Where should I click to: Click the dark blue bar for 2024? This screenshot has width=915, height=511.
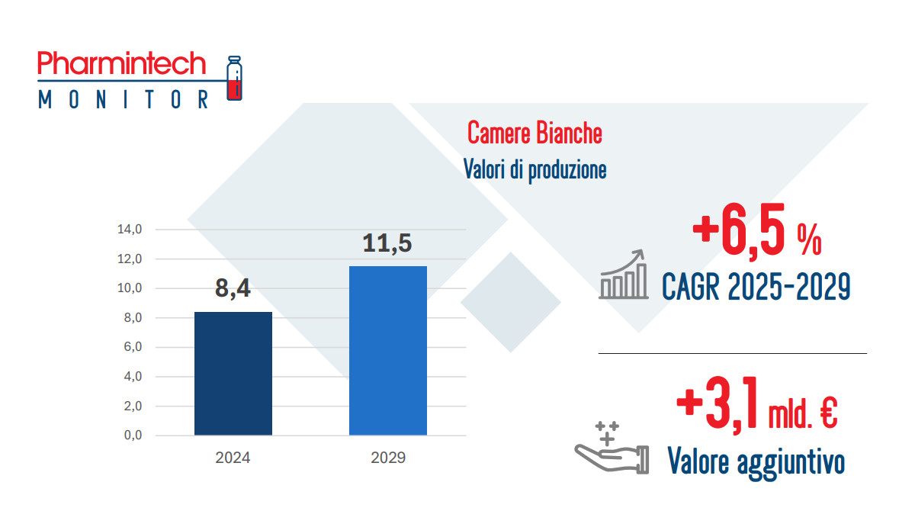point(233,374)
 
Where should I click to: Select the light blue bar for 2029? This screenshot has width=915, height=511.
point(388,351)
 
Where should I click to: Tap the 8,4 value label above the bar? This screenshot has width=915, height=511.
point(233,288)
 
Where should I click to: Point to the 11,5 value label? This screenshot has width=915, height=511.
point(387,243)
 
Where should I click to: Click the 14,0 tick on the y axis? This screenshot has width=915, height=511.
point(130,229)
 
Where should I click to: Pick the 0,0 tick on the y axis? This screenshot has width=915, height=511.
point(133,435)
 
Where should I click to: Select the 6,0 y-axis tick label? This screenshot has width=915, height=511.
point(133,347)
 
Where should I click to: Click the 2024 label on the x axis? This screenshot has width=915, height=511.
point(233,458)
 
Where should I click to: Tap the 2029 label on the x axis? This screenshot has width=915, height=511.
point(388,458)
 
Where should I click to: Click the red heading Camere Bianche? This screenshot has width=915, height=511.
point(535,133)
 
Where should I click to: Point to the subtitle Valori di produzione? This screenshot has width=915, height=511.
point(535,169)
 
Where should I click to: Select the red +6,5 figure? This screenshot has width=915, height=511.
point(739,231)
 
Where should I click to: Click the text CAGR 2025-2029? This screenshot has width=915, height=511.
point(756,287)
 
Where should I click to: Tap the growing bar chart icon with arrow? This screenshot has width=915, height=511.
point(624,275)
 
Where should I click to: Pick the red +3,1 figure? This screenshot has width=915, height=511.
point(718,404)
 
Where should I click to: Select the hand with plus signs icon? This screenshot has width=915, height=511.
point(612,448)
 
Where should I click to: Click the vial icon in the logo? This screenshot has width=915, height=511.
point(235,78)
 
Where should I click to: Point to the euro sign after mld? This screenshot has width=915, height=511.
point(829,413)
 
